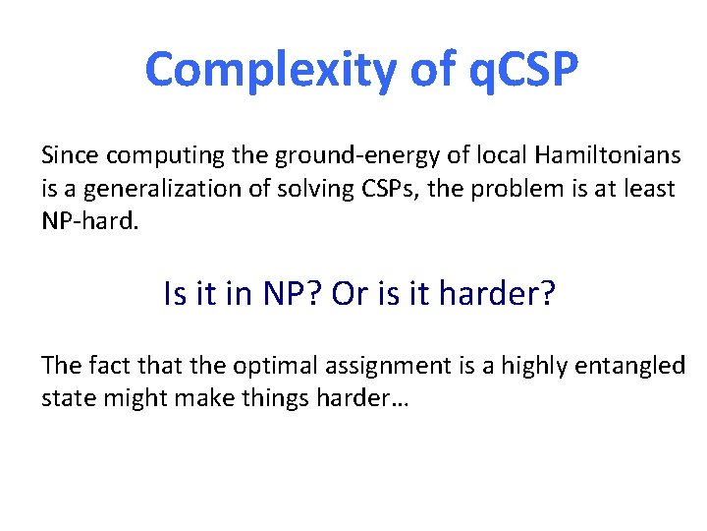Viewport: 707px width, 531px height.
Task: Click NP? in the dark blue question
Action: pos(293,294)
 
